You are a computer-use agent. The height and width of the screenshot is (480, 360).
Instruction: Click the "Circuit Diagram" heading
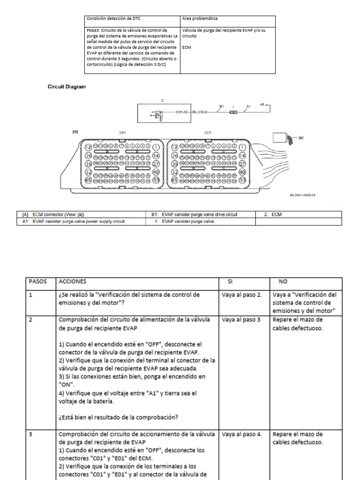(67, 87)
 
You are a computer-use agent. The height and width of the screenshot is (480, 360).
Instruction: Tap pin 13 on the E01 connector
(88, 148)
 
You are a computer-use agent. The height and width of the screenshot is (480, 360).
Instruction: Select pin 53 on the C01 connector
(242, 180)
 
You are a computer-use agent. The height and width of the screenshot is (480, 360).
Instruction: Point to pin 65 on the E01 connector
(88, 180)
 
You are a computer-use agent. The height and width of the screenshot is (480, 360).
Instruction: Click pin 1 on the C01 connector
(242, 147)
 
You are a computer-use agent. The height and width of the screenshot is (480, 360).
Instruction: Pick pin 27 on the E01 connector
(157, 164)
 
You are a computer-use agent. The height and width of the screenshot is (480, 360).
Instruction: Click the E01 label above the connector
(122, 133)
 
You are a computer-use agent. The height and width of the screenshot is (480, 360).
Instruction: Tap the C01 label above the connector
(208, 133)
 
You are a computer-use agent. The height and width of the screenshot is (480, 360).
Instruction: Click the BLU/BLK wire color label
(201, 112)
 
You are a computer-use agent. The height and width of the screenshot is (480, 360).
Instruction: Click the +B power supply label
(262, 105)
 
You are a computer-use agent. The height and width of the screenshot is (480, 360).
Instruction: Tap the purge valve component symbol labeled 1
(233, 112)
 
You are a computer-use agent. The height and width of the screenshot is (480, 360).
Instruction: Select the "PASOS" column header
(38, 282)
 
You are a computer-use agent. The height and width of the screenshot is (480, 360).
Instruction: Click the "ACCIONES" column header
(73, 282)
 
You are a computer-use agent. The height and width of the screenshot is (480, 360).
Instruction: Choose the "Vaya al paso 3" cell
(241, 320)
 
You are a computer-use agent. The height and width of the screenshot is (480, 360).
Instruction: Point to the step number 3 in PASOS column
(30, 435)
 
